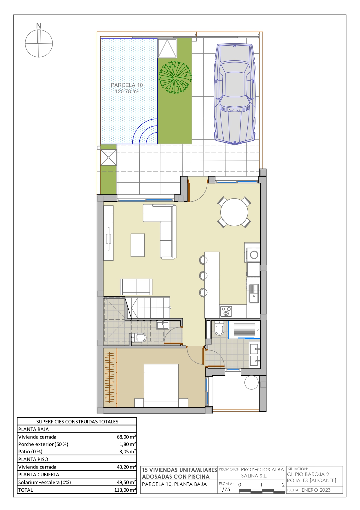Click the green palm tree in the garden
[175, 77]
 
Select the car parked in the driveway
[235, 94]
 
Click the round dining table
[234, 212]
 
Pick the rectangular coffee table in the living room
[138, 245]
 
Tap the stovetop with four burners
[226, 311]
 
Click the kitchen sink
[253, 293]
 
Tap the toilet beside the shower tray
[219, 328]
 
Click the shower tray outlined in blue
[244, 330]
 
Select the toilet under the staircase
[139, 338]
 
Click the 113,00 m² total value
[125, 490]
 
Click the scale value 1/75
[225, 489]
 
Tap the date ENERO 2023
[316, 490]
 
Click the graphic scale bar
[262, 491]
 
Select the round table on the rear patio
[251, 382]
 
